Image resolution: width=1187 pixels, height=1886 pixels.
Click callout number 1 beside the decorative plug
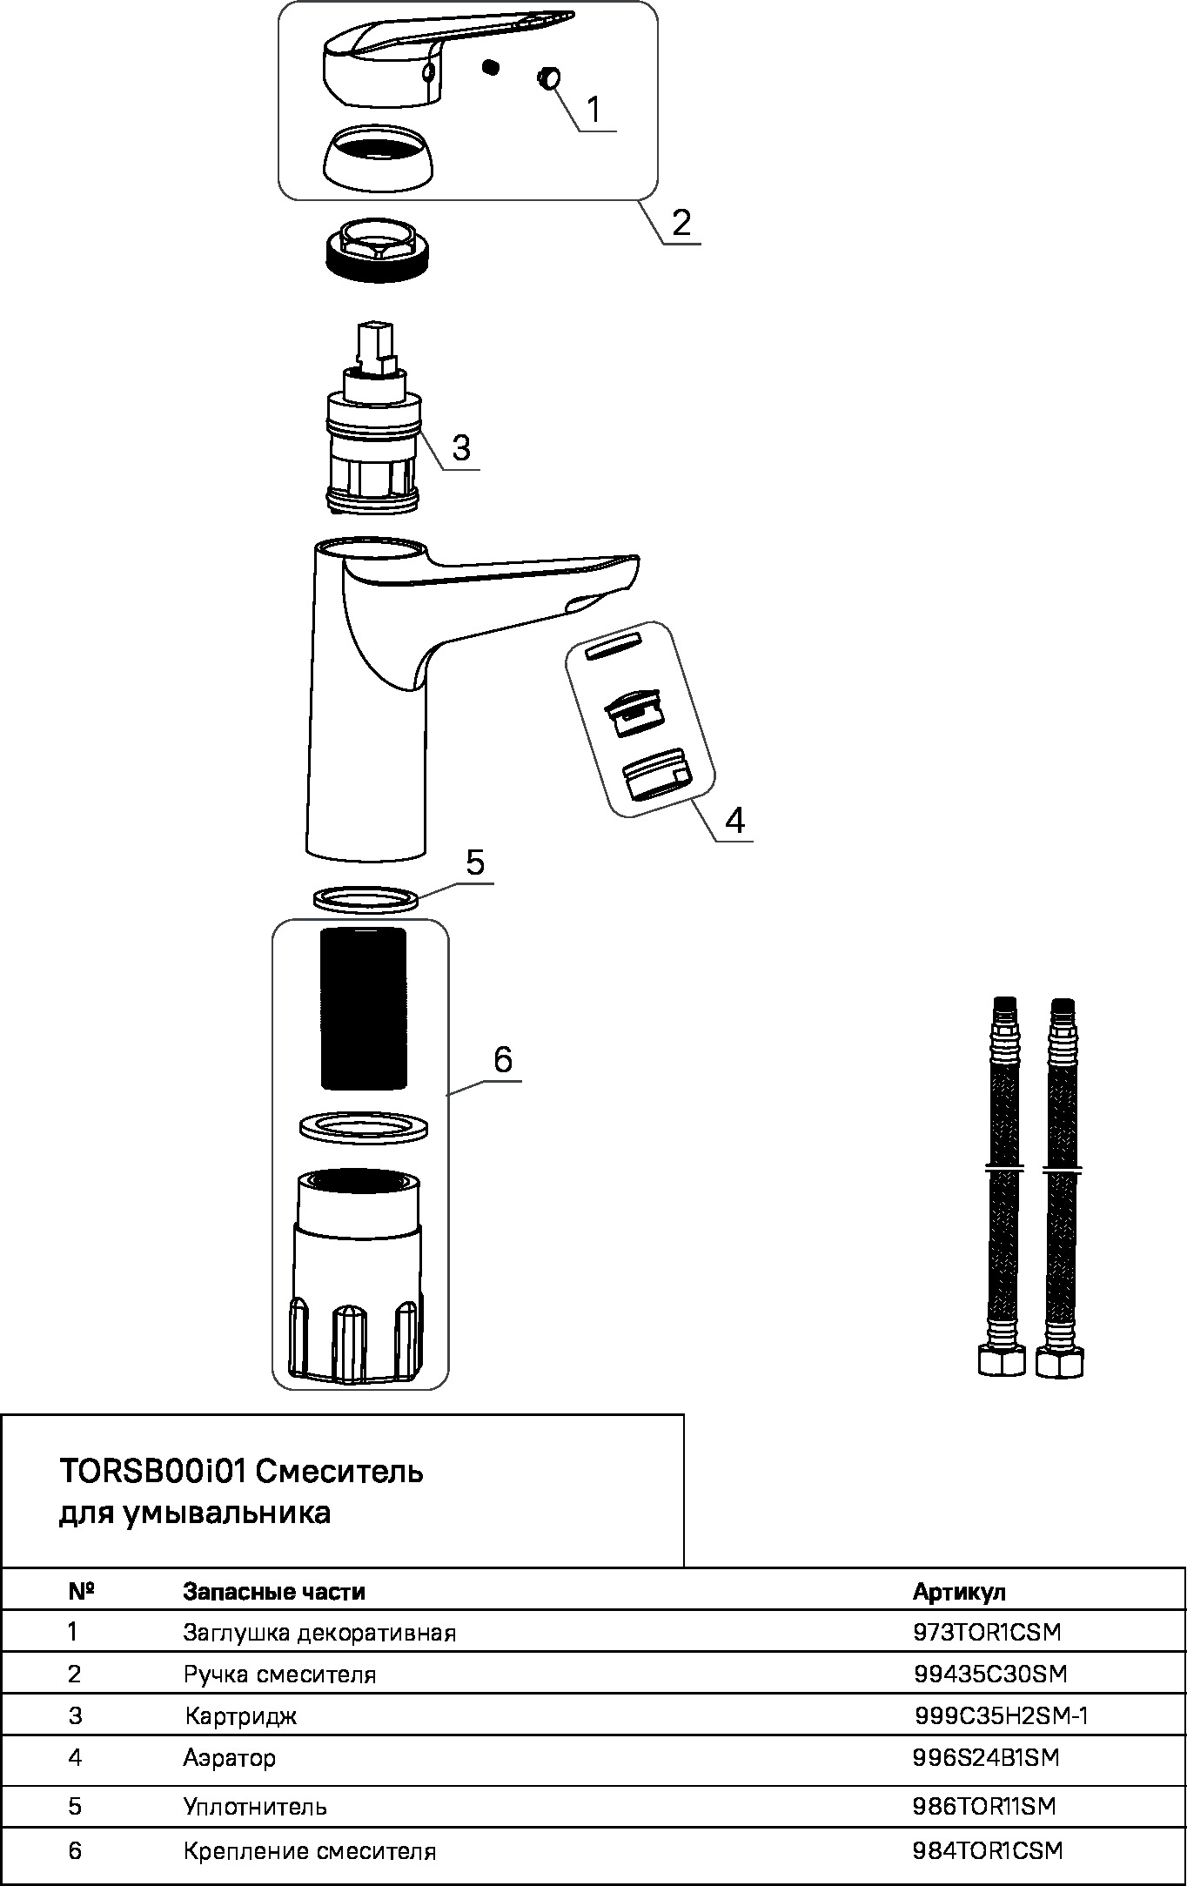593,110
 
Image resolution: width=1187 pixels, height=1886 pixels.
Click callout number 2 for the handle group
681,223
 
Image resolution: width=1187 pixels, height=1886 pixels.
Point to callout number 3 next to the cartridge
461,447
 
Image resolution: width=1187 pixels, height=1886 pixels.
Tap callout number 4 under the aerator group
734,820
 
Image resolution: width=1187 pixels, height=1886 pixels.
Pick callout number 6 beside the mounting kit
503,1059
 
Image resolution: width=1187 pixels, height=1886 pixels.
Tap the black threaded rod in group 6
364,1008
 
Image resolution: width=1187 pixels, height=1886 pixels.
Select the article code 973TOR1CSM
987,1632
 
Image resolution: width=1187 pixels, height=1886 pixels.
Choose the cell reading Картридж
240,1716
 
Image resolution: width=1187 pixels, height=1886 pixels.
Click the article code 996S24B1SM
986,1757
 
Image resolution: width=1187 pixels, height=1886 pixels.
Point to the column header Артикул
959,1592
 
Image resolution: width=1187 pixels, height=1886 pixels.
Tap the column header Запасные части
274,1592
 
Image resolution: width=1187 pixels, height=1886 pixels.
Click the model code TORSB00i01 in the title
152,1471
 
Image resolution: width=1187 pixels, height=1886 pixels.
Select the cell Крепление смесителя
309,1851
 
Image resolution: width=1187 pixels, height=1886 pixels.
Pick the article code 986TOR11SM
984,1806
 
